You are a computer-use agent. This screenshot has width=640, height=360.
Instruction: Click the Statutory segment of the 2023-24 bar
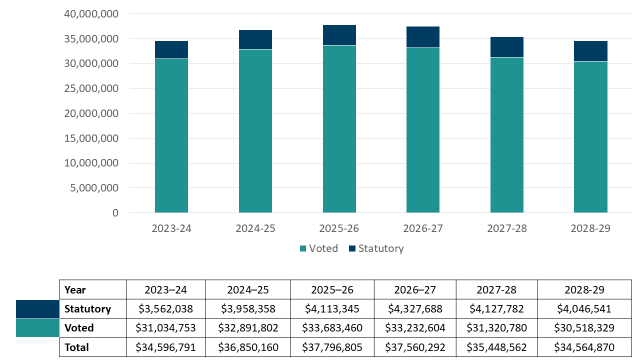(171, 50)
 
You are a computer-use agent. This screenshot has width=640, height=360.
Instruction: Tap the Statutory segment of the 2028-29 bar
(590, 51)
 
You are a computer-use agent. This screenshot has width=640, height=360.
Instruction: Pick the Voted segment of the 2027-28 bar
(507, 135)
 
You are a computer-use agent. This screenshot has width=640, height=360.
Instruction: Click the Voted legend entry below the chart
(318, 248)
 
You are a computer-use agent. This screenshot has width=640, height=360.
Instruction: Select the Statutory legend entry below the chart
(375, 248)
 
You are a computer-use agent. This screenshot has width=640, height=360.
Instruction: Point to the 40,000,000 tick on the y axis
(91, 14)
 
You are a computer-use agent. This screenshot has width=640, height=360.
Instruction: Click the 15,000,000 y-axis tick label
(91, 138)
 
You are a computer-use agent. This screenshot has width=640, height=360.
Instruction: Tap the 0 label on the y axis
(115, 213)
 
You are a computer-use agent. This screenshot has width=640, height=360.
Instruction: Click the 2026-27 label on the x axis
(423, 228)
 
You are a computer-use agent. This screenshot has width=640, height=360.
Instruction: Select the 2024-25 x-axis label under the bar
(255, 228)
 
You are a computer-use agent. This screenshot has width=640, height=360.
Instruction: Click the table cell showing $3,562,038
(165, 309)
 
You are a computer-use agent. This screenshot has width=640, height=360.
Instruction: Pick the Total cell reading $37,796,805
(332, 347)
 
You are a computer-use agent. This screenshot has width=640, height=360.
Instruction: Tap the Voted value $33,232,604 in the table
(415, 328)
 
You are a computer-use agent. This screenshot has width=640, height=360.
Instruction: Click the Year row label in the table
(75, 290)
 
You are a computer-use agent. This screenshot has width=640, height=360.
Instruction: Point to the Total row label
(76, 347)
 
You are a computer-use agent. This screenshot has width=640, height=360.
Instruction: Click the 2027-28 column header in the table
(496, 290)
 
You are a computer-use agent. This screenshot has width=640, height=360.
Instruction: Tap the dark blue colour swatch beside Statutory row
(37, 309)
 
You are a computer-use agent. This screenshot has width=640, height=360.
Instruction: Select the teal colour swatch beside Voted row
(37, 328)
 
